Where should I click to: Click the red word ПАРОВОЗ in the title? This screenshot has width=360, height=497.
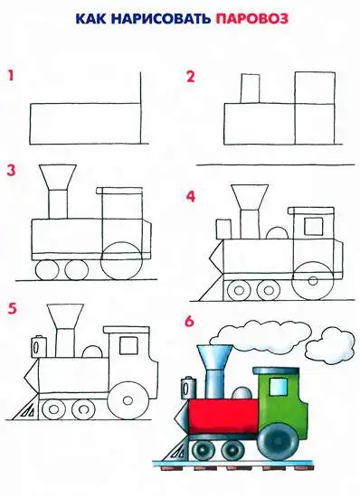[252, 19]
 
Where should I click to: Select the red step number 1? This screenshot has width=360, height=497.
[11, 76]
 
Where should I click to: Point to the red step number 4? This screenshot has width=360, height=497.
[191, 196]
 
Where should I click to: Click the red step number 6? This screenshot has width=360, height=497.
[189, 321]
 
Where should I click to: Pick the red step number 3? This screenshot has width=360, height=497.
[12, 171]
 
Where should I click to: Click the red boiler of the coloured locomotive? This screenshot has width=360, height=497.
[223, 417]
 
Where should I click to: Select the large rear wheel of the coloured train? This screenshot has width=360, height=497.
[278, 439]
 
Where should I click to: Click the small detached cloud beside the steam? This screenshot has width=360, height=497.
[330, 344]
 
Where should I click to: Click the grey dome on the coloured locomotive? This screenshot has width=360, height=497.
[242, 393]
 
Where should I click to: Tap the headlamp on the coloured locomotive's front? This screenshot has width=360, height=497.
[188, 388]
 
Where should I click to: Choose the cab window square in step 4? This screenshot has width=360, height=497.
[313, 226]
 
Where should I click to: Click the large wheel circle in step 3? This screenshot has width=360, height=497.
[121, 260]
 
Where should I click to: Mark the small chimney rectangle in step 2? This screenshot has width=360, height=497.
[250, 89]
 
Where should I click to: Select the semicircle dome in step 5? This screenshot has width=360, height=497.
[92, 352]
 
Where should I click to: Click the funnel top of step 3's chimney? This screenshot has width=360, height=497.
[57, 177]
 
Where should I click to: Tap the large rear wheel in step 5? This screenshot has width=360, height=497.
[128, 400]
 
